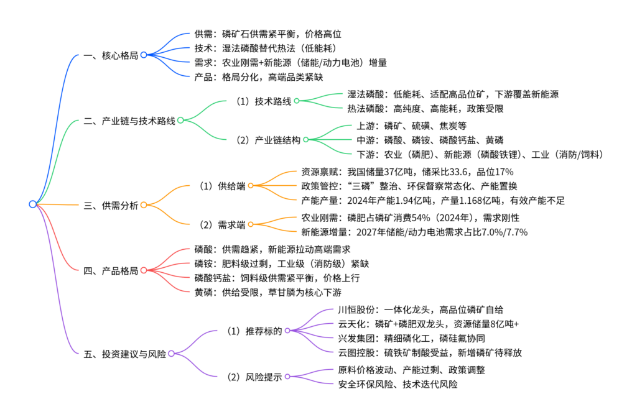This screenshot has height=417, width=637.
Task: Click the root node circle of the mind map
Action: (x=33, y=204)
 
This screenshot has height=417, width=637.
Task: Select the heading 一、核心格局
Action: (x=111, y=55)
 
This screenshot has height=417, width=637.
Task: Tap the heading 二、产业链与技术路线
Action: (x=129, y=121)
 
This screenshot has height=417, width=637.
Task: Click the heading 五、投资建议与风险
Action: (x=124, y=354)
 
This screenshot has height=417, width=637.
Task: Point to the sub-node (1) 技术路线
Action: (x=264, y=101)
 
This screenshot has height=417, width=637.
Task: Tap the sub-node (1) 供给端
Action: (x=222, y=185)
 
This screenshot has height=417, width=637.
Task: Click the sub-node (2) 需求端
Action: (x=222, y=224)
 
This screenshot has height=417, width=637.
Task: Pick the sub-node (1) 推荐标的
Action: (x=254, y=331)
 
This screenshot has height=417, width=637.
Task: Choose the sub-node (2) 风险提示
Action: (x=254, y=377)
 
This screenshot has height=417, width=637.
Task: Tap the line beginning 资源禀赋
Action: (x=407, y=172)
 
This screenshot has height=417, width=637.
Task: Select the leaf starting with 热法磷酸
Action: (x=425, y=108)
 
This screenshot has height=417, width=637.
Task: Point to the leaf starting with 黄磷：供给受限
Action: (x=268, y=292)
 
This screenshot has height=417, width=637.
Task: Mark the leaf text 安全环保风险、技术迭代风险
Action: (x=398, y=384)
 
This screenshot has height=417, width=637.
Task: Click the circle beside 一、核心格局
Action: (x=144, y=55)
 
